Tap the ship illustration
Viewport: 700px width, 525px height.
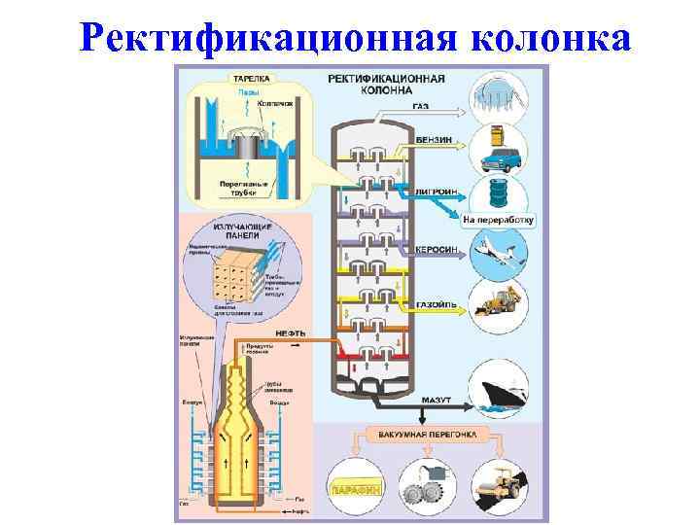502,389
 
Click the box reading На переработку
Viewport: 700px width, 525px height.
498,220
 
